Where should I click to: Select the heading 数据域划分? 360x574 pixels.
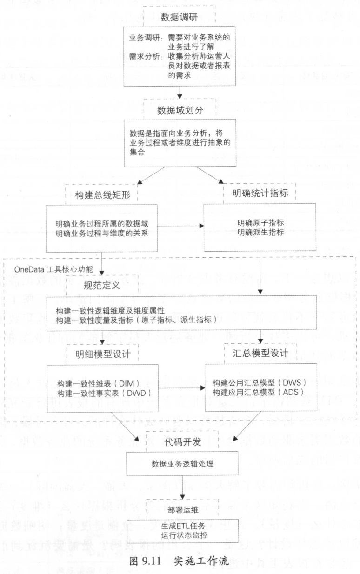coord(179,111)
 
